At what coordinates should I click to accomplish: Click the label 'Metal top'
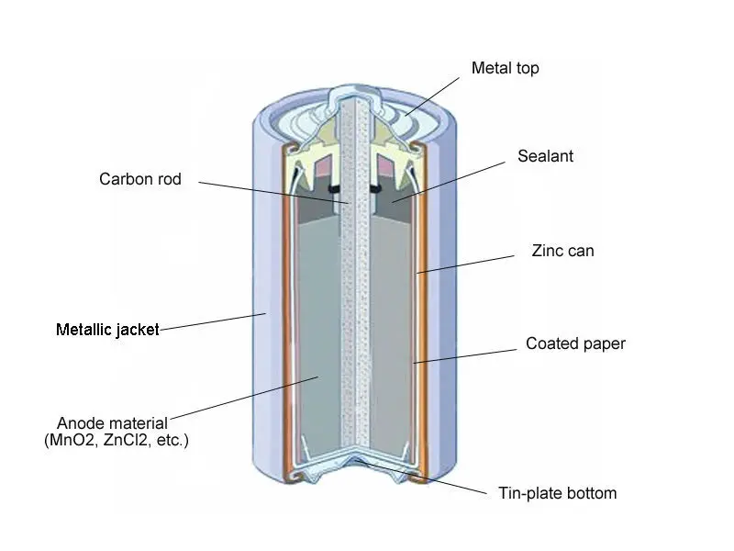click(x=505, y=68)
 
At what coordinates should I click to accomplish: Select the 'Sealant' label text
click(x=545, y=156)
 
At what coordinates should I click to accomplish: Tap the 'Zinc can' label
click(x=562, y=250)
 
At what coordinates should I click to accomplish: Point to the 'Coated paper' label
click(x=575, y=344)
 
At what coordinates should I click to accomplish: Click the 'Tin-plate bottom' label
click(x=557, y=493)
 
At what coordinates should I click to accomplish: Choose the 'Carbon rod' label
click(x=140, y=179)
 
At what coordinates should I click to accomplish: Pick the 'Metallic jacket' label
click(x=107, y=329)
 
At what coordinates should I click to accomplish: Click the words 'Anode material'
click(x=112, y=423)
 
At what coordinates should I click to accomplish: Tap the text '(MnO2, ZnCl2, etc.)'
click(x=116, y=441)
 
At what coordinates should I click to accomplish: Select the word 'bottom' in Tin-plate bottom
click(x=592, y=493)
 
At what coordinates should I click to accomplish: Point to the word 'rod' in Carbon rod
click(x=169, y=179)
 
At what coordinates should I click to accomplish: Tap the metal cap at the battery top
click(x=353, y=92)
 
